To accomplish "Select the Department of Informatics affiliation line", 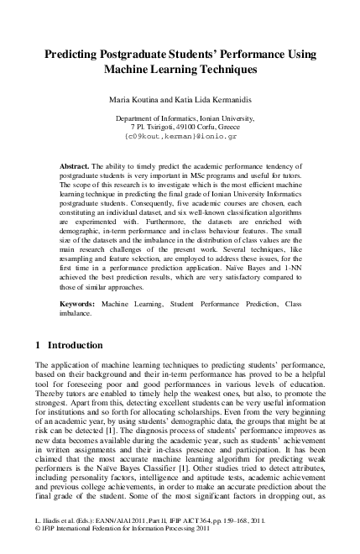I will pos(180,119).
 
